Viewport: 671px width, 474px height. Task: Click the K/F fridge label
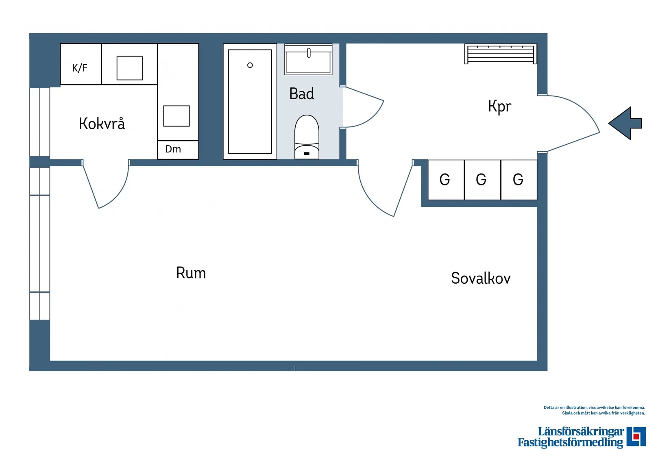click(x=80, y=68)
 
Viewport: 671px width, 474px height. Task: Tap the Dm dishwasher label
click(x=173, y=149)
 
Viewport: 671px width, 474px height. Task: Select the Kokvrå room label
click(x=102, y=124)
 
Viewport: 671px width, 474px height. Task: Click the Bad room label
click(x=302, y=94)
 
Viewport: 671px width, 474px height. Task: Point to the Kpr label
click(x=499, y=107)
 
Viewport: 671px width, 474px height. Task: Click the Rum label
click(x=191, y=273)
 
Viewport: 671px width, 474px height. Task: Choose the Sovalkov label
click(x=481, y=278)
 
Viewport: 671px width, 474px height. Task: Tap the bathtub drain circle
click(x=250, y=65)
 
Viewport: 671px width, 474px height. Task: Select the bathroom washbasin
click(x=308, y=60)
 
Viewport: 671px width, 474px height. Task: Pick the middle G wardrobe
click(x=482, y=180)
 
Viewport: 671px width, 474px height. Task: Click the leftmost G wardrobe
click(x=446, y=180)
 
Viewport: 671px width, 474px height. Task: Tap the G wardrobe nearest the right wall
click(x=519, y=180)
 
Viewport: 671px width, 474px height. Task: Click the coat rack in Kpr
click(x=501, y=54)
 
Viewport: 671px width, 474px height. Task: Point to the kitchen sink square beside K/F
click(x=130, y=68)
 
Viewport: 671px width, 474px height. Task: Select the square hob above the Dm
click(x=176, y=116)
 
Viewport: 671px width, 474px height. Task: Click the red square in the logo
click(x=637, y=437)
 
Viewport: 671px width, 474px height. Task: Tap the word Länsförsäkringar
click(x=581, y=431)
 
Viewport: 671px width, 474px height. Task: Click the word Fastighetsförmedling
click(x=570, y=442)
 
